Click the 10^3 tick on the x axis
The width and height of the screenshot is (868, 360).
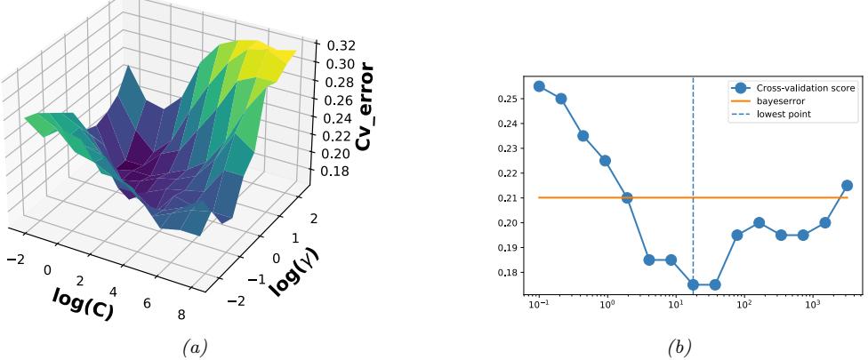pos(812,305)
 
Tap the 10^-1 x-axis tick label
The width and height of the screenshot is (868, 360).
pos(537,305)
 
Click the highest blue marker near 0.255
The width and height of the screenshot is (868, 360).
pos(539,86)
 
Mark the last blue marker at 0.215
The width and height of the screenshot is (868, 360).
pos(847,185)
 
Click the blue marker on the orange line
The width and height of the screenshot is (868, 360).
pos(627,197)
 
